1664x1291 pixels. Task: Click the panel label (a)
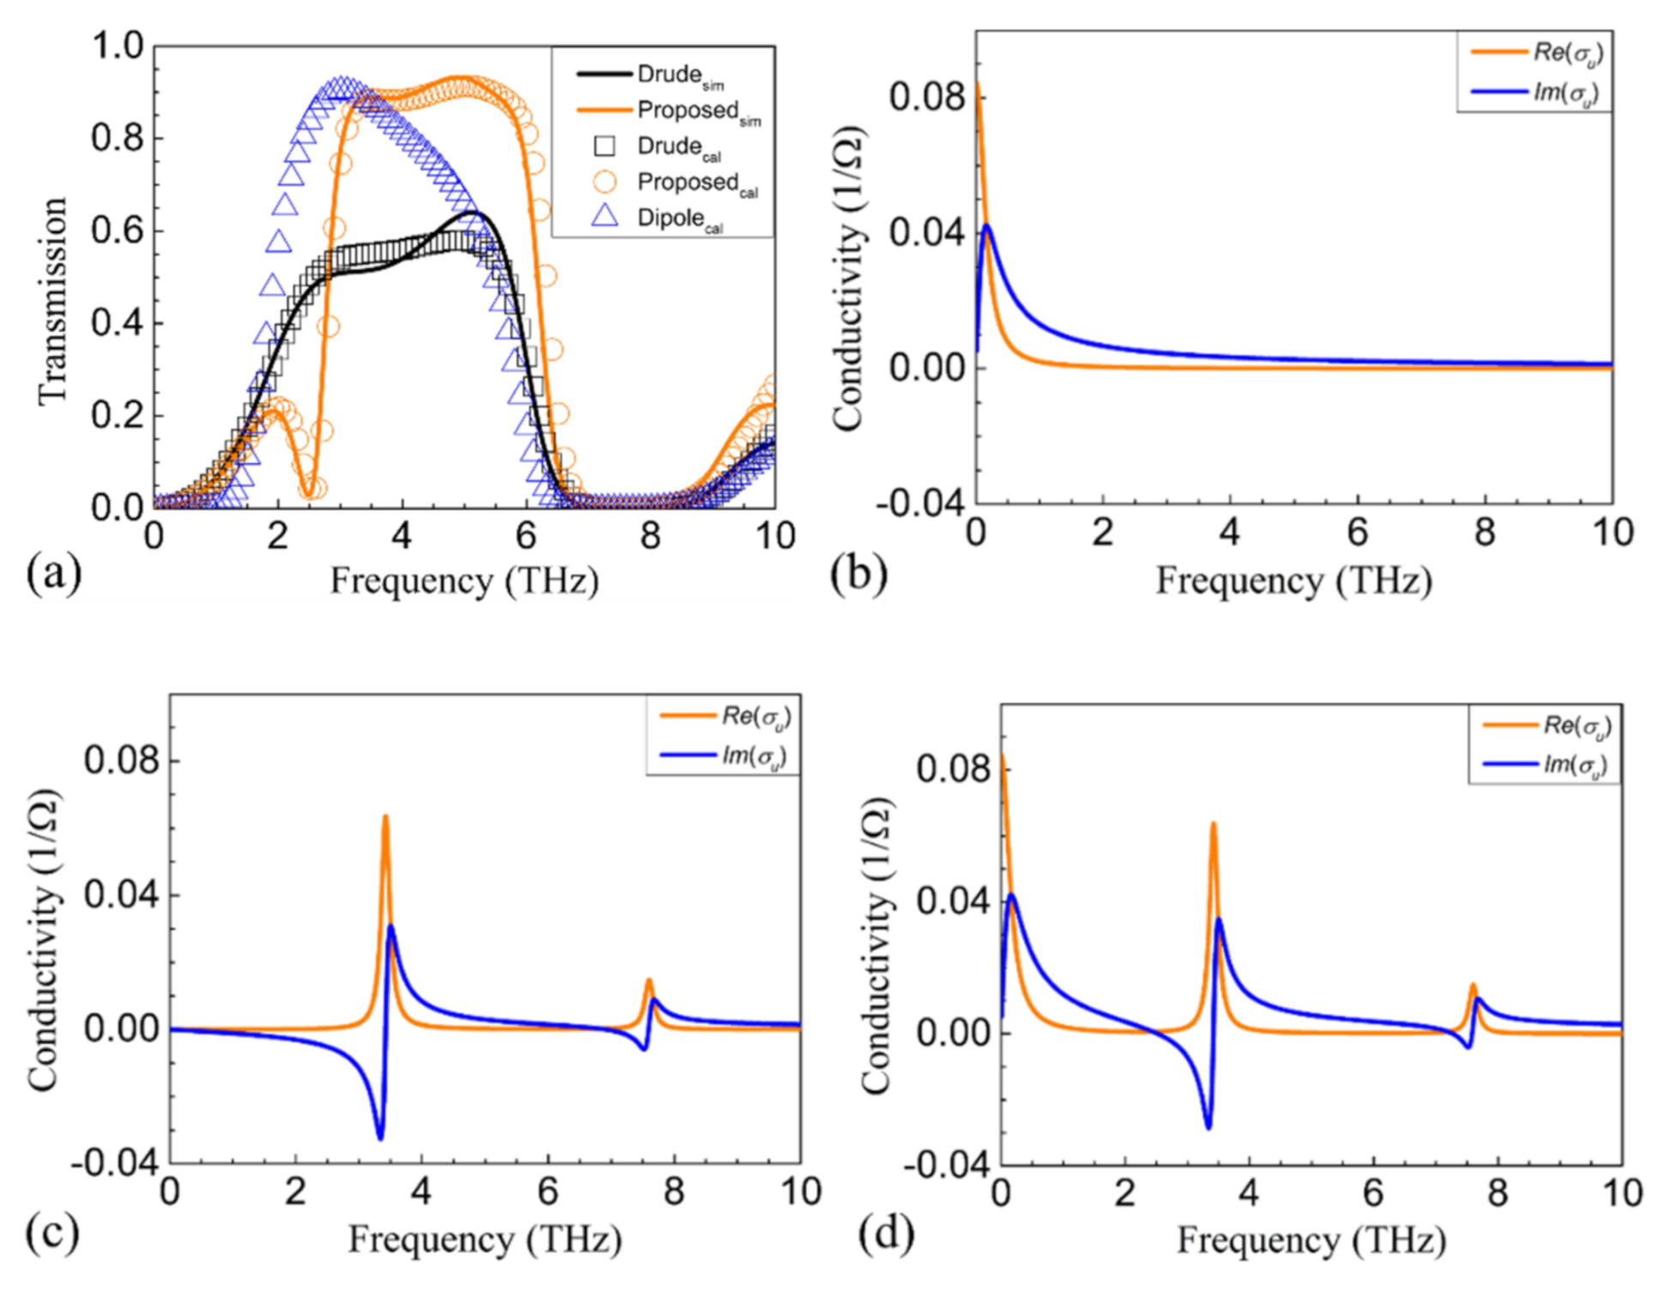pyautogui.click(x=53, y=574)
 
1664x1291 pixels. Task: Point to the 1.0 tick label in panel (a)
pyautogui.click(x=118, y=45)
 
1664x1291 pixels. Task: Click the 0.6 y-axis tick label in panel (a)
pyautogui.click(x=118, y=231)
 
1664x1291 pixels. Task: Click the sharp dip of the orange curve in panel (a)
pyautogui.click(x=309, y=492)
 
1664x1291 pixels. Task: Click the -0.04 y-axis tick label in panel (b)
pyautogui.click(x=920, y=502)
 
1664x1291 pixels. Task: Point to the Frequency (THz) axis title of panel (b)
pyautogui.click(x=1293, y=581)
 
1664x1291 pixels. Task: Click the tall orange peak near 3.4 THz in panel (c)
pyautogui.click(x=385, y=817)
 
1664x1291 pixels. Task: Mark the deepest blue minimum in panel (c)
pyautogui.click(x=380, y=1137)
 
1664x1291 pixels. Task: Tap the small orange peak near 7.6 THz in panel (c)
pyautogui.click(x=649, y=980)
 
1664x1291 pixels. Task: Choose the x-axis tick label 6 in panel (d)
pyautogui.click(x=1374, y=1193)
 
